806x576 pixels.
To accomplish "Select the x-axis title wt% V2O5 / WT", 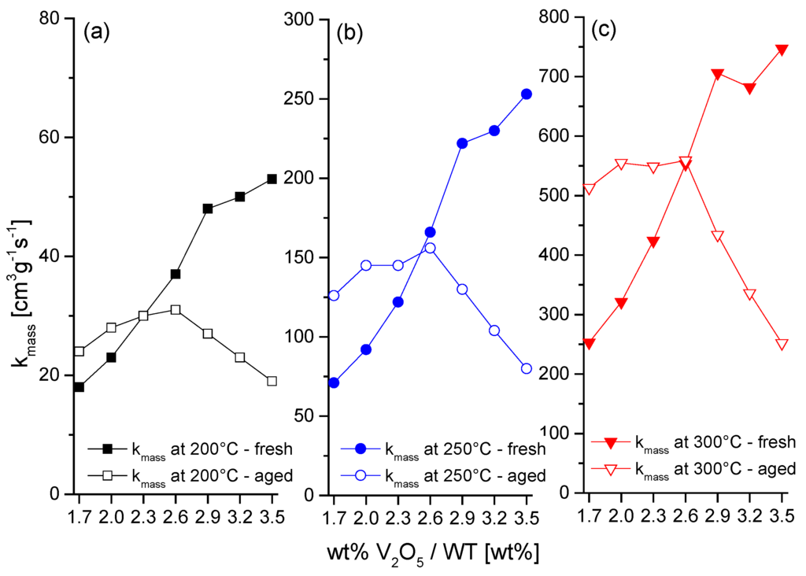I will click(432, 552).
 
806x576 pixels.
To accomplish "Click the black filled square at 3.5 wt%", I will click(272, 179).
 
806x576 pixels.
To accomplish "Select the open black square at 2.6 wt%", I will click(176, 310).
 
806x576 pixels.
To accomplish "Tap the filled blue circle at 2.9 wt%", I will click(462, 143).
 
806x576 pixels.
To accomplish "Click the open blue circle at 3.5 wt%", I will click(527, 368).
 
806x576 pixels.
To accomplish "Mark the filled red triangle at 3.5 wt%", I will click(782, 50).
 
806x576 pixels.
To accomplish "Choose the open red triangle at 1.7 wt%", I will click(589, 189).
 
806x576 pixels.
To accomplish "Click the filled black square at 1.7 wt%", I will click(79, 387).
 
